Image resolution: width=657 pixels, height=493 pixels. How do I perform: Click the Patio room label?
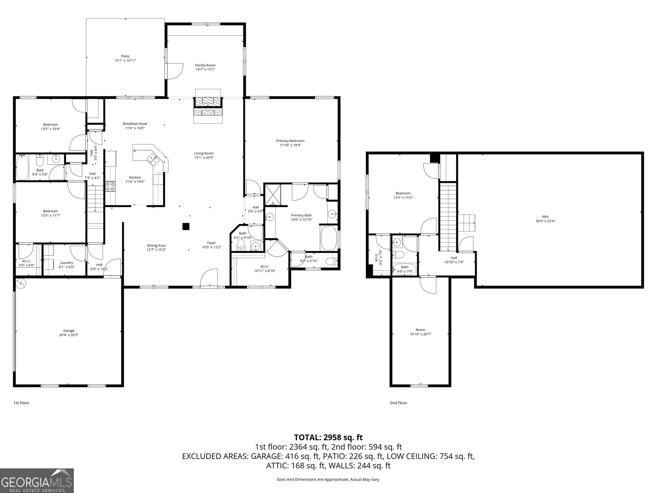point(125,56)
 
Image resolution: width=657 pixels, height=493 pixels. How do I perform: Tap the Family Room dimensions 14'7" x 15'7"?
point(205,69)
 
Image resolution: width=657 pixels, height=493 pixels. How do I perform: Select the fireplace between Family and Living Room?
point(208,106)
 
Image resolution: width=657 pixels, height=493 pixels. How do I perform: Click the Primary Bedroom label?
point(290,141)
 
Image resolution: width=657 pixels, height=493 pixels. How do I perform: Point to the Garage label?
point(69,331)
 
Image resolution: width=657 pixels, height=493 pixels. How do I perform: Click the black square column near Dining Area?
point(186,226)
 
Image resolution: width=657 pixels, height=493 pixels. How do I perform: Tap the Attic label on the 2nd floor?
point(545,217)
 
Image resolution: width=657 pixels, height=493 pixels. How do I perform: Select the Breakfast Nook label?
point(135,124)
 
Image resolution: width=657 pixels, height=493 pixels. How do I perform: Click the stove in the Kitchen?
point(110,187)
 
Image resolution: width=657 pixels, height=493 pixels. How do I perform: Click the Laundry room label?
point(67,263)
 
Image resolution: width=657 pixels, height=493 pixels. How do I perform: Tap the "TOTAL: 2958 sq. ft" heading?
point(328,437)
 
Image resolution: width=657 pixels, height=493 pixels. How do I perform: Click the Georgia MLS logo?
point(37,480)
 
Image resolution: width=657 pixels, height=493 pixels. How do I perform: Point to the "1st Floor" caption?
point(21,403)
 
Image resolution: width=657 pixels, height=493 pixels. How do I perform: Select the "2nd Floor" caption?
point(398,403)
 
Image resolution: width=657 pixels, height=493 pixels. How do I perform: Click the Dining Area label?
point(156,245)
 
